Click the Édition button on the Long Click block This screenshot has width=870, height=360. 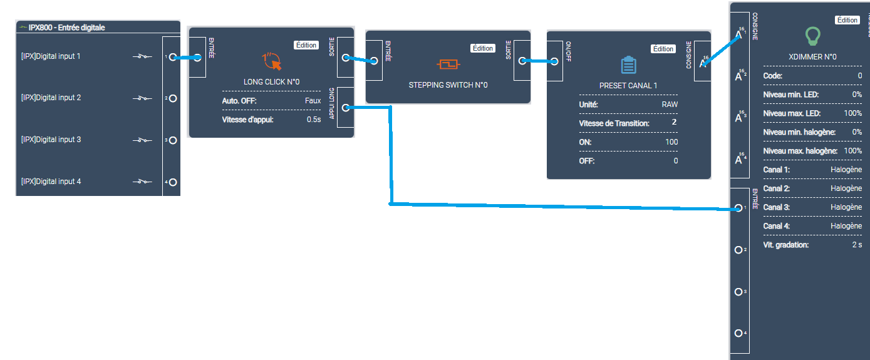(306, 45)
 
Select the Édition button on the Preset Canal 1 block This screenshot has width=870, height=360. (663, 49)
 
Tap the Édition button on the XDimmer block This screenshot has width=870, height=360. (847, 20)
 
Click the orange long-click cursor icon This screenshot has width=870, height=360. (271, 61)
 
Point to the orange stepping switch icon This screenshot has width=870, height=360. (448, 64)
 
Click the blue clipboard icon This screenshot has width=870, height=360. (628, 65)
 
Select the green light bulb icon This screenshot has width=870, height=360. (812, 36)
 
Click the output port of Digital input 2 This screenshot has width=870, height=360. (173, 98)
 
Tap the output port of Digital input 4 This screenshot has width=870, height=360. (173, 182)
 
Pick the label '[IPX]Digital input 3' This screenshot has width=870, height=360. (51, 140)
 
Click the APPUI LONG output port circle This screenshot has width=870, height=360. (346, 108)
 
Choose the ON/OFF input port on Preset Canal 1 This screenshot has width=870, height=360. (554, 61)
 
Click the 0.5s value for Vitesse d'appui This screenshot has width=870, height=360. (313, 120)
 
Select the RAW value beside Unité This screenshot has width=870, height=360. (670, 105)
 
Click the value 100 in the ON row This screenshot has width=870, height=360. (671, 142)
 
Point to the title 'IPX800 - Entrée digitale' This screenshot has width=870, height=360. (66, 28)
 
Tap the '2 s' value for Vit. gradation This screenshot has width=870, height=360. (857, 245)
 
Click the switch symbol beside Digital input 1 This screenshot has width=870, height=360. (142, 57)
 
